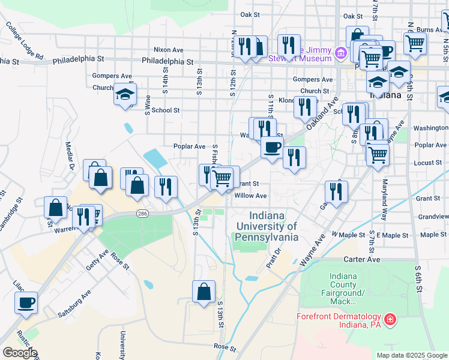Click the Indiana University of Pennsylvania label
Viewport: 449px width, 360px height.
coord(267,226)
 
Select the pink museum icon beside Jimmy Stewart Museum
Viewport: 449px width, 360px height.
coord(341,54)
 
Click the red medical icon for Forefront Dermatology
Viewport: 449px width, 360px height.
coord(390,318)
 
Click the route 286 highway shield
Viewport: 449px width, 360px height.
coord(142,213)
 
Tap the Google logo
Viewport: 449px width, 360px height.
coord(20,353)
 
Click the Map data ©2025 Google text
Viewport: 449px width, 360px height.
coord(411,355)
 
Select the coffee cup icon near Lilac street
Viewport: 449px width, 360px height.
coord(26,302)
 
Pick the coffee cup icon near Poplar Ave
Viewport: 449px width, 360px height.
coord(272,147)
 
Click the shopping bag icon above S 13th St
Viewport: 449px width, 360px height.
coord(203,291)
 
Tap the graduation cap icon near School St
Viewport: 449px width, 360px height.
coord(125,94)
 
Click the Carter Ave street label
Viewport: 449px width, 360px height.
coord(362,260)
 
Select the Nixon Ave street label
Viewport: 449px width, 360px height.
coord(168,50)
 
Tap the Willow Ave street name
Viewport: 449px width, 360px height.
coord(250,196)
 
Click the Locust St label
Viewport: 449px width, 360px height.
coord(427,163)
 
